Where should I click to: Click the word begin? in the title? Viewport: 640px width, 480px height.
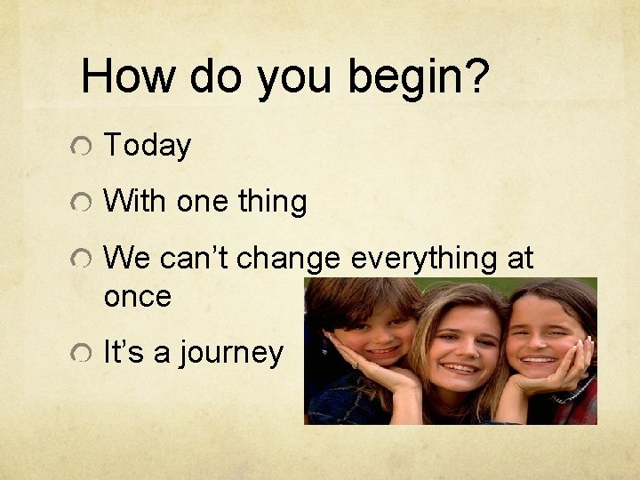(x=419, y=78)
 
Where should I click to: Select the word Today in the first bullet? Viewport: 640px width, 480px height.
(x=148, y=146)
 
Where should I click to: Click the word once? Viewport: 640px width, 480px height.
(x=137, y=297)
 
